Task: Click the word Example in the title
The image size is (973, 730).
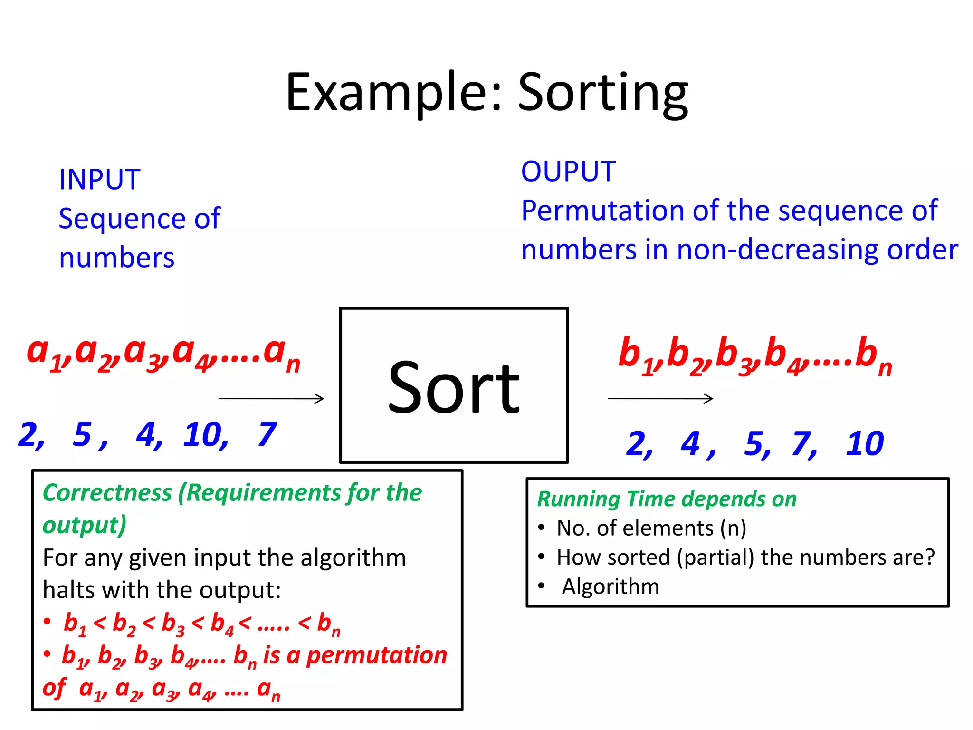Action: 387,93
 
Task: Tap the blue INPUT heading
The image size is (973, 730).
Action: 99,180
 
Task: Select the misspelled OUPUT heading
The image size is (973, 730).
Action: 568,172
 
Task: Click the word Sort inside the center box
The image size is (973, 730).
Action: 454,387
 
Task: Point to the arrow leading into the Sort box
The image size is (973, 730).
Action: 271,398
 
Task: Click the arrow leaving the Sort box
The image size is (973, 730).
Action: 660,398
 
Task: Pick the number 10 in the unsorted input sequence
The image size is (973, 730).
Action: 204,434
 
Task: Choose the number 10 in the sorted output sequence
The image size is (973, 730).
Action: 864,444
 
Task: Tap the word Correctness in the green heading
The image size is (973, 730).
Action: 107,493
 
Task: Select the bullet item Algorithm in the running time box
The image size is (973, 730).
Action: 611,586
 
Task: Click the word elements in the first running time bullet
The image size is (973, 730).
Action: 668,528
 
